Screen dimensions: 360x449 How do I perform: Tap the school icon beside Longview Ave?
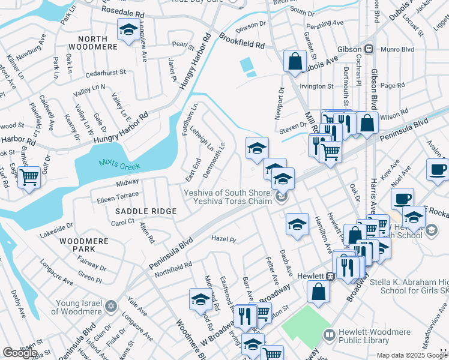127,31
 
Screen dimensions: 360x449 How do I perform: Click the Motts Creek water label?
119,164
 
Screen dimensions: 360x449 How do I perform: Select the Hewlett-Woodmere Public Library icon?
329,334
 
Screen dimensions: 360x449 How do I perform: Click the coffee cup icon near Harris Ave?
402,197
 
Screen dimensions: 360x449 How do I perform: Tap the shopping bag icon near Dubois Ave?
295,61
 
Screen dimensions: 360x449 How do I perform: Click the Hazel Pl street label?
224,239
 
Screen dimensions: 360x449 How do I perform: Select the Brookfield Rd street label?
242,41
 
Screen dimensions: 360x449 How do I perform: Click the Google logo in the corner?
20,352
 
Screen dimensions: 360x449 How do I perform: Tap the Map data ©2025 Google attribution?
411,355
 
